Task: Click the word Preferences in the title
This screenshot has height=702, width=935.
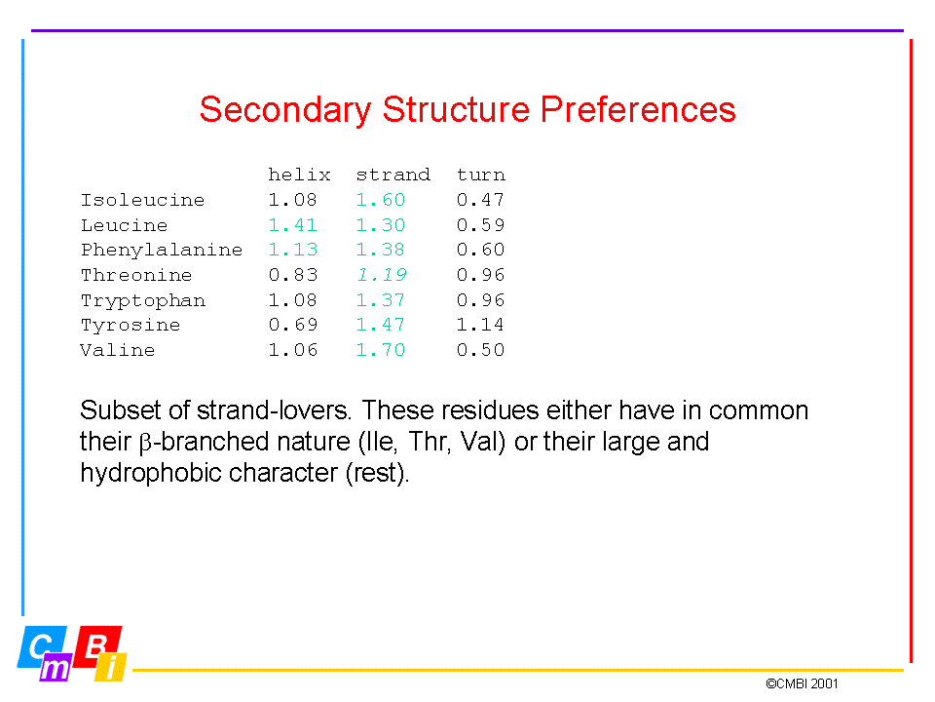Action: [638, 109]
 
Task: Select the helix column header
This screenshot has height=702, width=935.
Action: [299, 175]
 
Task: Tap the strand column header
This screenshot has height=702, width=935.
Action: [393, 175]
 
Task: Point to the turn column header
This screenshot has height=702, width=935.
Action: [480, 175]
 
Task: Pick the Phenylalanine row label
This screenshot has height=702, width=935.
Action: [162, 250]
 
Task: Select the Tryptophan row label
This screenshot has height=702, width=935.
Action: [143, 300]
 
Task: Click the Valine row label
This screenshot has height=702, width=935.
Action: [118, 350]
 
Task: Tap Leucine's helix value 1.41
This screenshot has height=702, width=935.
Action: [293, 225]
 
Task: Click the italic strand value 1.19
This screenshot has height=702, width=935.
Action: [382, 275]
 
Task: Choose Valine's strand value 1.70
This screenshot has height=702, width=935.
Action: [381, 350]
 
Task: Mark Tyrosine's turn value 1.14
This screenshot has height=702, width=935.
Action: [480, 325]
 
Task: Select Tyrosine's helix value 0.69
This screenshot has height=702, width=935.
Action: [293, 325]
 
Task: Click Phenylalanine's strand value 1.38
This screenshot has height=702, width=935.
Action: [381, 250]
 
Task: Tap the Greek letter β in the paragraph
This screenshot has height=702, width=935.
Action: [145, 444]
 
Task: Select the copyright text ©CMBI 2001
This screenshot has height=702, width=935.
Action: [802, 683]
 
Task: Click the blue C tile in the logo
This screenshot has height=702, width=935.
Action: [41, 646]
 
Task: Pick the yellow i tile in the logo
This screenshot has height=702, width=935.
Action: [111, 667]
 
